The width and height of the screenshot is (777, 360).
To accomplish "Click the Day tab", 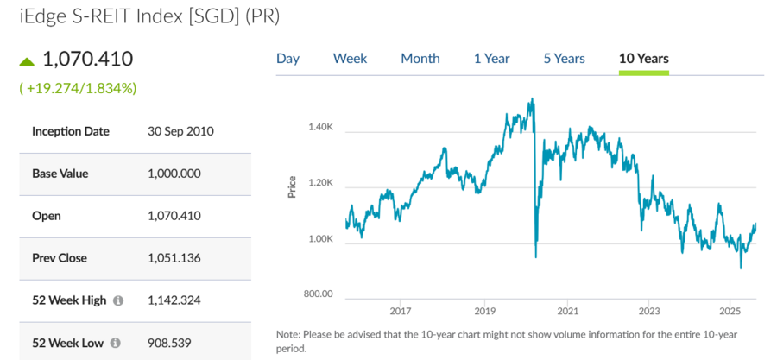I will (287, 59).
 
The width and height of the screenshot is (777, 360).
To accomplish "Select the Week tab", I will (350, 59).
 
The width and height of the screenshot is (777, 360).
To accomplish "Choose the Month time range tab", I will (420, 59).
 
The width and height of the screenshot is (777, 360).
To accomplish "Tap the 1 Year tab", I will (491, 59).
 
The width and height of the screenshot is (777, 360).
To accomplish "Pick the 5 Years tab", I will (564, 59).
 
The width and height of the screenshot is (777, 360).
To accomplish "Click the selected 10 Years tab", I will (644, 59).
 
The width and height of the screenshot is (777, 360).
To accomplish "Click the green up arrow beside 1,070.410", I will (27, 61).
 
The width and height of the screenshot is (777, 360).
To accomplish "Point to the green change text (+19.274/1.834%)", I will (78, 88).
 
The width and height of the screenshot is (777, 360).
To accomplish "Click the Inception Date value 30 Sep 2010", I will (180, 132).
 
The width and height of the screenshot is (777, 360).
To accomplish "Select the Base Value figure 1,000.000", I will (174, 174).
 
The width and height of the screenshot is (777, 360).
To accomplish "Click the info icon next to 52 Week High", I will (118, 300).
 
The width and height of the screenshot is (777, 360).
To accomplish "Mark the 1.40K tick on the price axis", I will (320, 128).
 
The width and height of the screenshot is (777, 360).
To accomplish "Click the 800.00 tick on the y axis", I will (318, 294).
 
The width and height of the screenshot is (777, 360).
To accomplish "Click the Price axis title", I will (292, 187).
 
